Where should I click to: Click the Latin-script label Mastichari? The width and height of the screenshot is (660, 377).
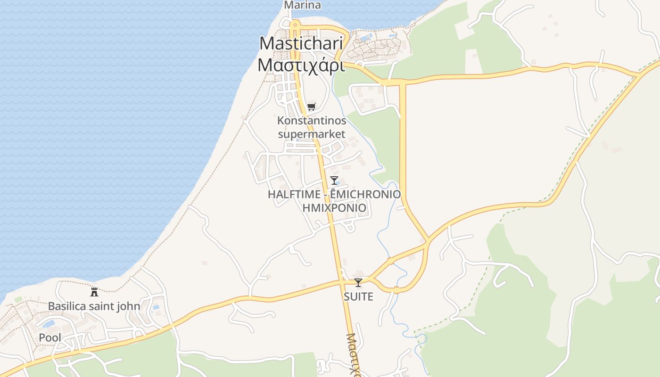(301, 43)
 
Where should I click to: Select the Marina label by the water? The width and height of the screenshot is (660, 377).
(302, 5)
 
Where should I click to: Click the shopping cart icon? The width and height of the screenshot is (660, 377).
(311, 107)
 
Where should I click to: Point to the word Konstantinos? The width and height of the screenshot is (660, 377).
(312, 121)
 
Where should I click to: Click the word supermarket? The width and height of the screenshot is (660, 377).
(312, 134)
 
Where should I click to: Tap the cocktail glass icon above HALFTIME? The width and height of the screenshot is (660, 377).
(334, 180)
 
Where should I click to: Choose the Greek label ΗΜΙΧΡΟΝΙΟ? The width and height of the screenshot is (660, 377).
(334, 208)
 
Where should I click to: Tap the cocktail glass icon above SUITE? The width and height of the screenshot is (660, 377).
(358, 282)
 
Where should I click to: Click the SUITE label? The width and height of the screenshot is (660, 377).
(358, 296)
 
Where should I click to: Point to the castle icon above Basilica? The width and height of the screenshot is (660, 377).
(94, 292)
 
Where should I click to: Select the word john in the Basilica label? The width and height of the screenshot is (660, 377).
(128, 306)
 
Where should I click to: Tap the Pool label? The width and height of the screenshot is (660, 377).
(50, 338)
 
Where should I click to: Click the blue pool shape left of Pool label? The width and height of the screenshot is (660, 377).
(49, 325)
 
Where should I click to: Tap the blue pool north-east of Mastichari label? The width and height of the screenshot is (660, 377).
(364, 38)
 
